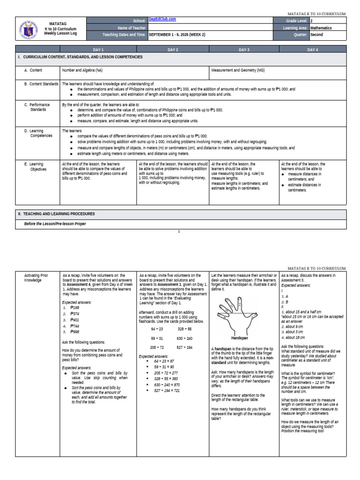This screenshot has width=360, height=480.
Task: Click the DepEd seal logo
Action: [29, 28]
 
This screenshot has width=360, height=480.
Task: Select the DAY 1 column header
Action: [98, 49]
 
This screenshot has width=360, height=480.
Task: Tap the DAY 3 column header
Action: [244, 49]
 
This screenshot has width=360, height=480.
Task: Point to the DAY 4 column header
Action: [313, 49]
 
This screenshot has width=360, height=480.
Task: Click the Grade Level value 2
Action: [312, 21]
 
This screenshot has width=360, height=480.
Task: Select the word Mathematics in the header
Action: [321, 28]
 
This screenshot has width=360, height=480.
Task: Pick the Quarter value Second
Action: [316, 35]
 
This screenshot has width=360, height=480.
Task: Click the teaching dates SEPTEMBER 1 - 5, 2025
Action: [179, 35]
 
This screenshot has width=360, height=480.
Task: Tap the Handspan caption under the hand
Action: [239, 337]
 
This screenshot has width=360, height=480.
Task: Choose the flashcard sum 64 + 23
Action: [157, 329]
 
